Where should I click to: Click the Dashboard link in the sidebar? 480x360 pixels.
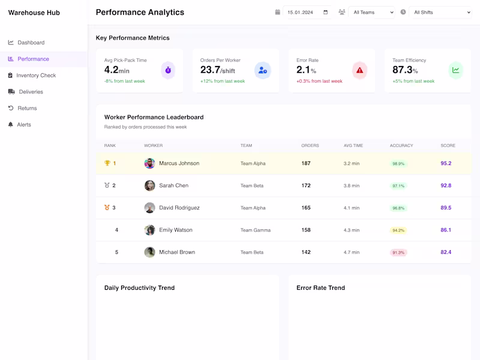coord(31,43)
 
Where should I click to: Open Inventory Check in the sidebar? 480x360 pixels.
coord(36,76)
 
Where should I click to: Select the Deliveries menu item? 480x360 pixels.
coord(31,92)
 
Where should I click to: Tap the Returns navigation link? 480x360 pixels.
coord(27,109)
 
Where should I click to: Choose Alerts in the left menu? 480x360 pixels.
coord(24,125)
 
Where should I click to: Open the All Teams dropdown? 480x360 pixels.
coord(373,12)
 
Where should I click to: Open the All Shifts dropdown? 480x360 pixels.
coord(440,12)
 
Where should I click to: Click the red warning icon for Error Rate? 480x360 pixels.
coord(359,70)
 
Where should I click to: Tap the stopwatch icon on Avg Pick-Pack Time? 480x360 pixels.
coord(168,70)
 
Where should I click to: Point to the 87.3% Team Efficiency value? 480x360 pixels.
coord(406,70)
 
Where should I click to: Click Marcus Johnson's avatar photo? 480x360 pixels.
coord(149,163)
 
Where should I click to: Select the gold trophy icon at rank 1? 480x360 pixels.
coord(107,163)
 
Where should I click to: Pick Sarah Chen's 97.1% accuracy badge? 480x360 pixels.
coord(398,186)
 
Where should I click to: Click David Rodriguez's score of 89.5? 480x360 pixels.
coord(446,208)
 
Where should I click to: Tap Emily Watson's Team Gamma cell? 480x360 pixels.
coord(255,230)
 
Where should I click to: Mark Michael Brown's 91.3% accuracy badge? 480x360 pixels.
coord(398,253)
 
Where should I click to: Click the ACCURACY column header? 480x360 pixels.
coord(401,146)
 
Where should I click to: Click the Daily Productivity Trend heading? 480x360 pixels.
coord(139,288)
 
